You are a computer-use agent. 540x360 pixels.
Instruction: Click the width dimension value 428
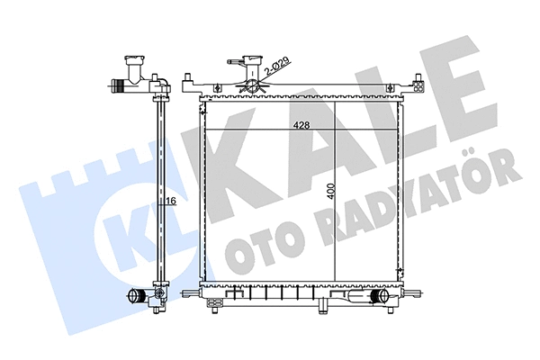pyautogui.click(x=301, y=127)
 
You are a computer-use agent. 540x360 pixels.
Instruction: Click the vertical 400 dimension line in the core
pyautogui.click(x=335, y=234)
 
